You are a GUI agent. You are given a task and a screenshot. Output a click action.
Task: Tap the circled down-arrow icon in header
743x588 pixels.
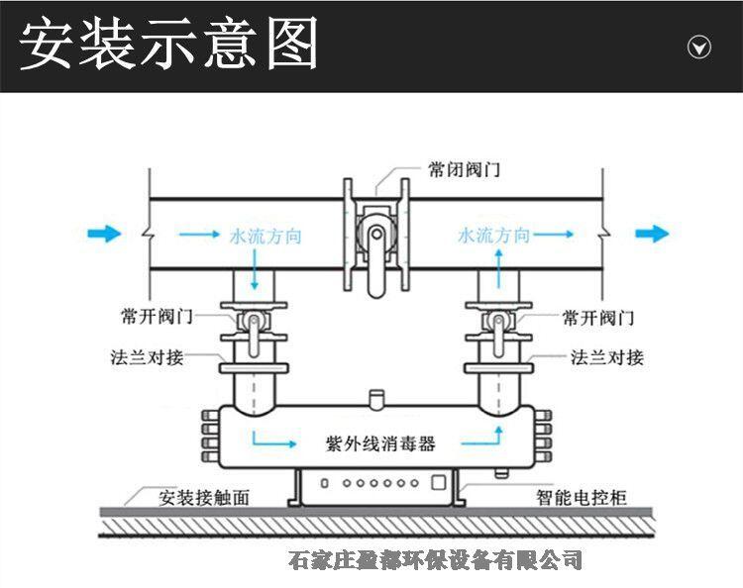pos(699,48)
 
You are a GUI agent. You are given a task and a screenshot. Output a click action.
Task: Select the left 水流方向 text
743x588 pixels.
pos(265,237)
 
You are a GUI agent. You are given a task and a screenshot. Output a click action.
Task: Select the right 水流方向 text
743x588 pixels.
pos(493,236)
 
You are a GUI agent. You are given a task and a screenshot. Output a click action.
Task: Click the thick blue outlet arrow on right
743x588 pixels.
pos(652,234)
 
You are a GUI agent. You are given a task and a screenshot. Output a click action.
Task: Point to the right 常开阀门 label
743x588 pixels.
pos(598,318)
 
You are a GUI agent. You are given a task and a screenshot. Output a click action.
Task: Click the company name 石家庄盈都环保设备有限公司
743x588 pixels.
pos(433,560)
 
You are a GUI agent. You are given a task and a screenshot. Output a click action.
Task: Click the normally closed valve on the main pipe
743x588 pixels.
pos(374,239)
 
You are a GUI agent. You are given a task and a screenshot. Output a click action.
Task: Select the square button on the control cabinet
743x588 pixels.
pos(437,482)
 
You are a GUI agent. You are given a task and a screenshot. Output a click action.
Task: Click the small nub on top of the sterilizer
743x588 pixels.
pos(374,398)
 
